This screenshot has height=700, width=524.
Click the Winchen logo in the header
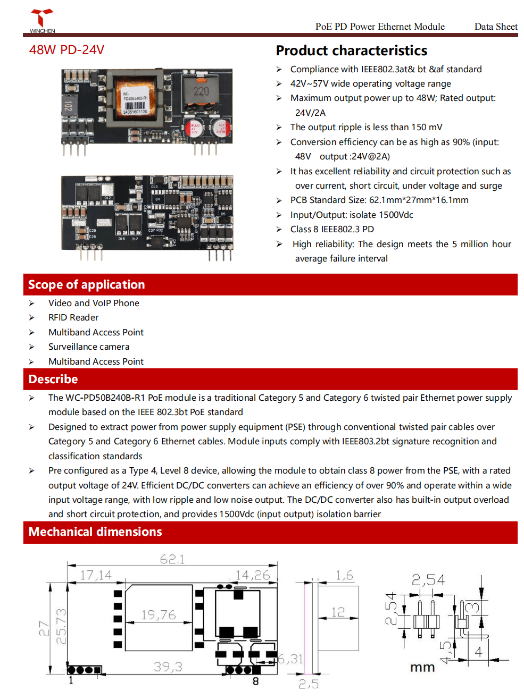(42, 21)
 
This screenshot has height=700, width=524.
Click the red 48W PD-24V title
(66, 50)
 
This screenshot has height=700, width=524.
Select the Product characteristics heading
(351, 50)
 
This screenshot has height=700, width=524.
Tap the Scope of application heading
(86, 285)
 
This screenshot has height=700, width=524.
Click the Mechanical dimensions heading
(95, 532)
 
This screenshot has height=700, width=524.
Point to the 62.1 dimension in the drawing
(172, 559)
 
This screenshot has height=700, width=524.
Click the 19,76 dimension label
(158, 615)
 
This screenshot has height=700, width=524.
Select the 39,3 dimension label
(168, 667)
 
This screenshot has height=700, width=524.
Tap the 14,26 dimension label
(253, 575)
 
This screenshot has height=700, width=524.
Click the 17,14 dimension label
(96, 575)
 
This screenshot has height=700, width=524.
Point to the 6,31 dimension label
(290, 659)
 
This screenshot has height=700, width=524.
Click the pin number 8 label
(255, 681)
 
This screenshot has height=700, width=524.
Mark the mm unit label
(422, 668)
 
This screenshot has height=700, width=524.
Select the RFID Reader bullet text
(73, 317)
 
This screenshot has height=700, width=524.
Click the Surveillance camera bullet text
(89, 347)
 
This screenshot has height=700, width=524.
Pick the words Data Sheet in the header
(495, 27)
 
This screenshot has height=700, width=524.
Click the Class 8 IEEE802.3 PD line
(332, 229)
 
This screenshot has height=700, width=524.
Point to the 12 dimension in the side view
(338, 612)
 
